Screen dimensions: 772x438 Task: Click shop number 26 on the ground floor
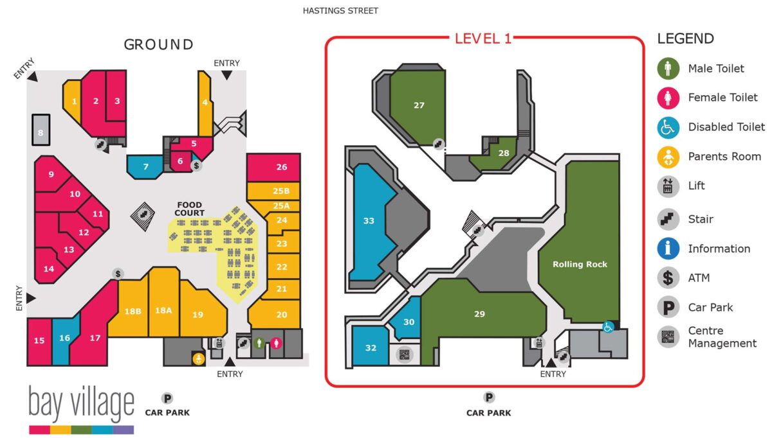pos(273,167)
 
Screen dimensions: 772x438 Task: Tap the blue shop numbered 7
pos(145,167)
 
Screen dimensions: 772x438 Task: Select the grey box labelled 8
pos(41,130)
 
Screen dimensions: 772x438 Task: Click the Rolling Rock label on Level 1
pos(580,264)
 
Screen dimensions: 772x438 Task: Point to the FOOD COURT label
pos(189,209)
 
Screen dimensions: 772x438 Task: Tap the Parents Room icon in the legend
pos(668,157)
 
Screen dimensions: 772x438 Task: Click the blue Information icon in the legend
pos(668,249)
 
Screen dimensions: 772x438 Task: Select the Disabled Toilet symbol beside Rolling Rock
pos(608,327)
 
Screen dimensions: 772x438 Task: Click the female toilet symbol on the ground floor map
pos(276,343)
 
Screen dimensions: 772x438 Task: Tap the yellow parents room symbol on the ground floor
pos(199,359)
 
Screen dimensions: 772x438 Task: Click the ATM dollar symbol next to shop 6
pos(196,166)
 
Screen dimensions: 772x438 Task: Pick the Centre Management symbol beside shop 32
pos(404,355)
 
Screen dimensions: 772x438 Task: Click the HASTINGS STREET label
pos(340,11)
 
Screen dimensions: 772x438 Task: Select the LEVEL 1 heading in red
pos(483,39)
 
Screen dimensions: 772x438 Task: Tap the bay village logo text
pos(81,403)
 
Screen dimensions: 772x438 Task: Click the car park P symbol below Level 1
pos(489,398)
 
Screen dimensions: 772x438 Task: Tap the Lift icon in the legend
pos(668,186)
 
